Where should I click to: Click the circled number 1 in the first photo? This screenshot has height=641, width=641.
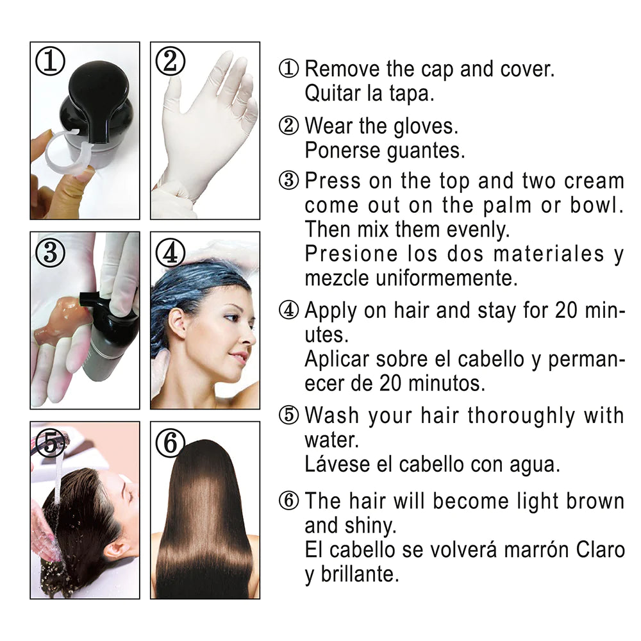click(x=50, y=61)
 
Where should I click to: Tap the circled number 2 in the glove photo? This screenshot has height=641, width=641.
click(x=171, y=61)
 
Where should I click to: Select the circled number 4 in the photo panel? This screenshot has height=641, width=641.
click(x=171, y=252)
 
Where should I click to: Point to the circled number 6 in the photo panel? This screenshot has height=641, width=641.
click(x=171, y=443)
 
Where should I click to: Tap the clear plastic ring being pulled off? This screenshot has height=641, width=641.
click(x=65, y=151)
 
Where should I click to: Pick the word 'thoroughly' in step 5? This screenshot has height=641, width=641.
click(x=521, y=417)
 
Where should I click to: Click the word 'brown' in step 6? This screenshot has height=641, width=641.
click(x=595, y=501)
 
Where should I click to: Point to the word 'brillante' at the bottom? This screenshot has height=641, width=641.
click(x=358, y=574)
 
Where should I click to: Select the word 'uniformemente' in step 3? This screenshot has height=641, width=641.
click(x=446, y=278)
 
